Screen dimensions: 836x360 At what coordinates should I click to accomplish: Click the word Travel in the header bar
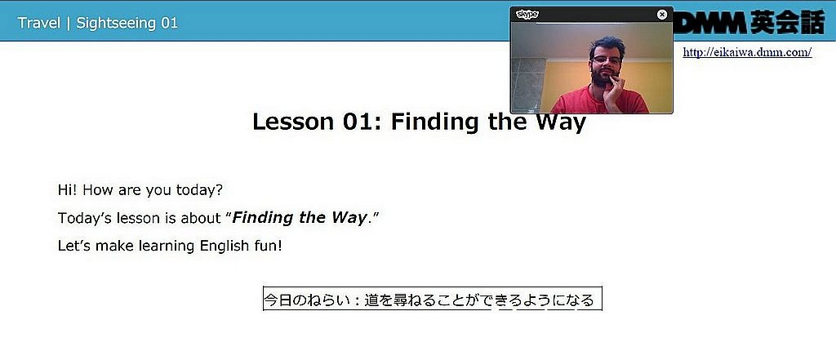coord(39,24)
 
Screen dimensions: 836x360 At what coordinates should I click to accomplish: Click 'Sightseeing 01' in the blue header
coord(127,24)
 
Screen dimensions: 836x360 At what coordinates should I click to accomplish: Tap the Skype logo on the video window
coord(527,15)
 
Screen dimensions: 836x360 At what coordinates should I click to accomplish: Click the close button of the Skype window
coord(662,15)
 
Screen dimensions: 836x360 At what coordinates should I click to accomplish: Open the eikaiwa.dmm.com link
coord(747,52)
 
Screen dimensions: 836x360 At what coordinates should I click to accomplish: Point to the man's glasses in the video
coord(607,60)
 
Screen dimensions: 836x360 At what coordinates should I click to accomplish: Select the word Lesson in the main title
coord(294,122)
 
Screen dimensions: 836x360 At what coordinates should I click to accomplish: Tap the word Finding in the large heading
coord(436,122)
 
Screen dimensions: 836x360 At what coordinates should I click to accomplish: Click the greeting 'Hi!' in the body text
coord(68,190)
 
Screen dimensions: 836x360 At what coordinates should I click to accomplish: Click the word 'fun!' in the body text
coord(267,246)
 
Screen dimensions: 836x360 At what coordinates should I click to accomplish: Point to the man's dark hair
coord(607,46)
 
